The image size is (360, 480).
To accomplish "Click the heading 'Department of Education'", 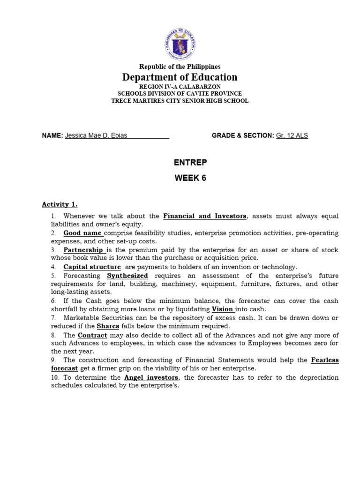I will [180, 77].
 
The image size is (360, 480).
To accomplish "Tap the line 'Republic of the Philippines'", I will [180, 67].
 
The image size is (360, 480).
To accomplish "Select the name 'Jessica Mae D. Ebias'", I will [96, 135].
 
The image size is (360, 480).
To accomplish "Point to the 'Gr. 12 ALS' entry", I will [292, 135].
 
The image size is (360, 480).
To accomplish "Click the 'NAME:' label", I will [52, 135].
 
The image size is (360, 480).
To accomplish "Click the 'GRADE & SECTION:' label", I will [243, 135].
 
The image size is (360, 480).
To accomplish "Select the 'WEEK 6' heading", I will [190, 178].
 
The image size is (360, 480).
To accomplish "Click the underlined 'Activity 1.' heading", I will [60, 204].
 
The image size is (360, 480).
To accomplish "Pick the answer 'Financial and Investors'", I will [204, 216].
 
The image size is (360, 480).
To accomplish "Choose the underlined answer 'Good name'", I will [83, 233].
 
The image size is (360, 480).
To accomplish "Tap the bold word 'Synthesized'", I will [127, 276].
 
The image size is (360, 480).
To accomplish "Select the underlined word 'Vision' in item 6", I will [223, 309].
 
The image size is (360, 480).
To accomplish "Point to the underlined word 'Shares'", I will [108, 326].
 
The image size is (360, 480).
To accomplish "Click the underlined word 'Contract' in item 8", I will [92, 335].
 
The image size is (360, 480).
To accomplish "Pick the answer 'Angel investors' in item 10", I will [151, 377].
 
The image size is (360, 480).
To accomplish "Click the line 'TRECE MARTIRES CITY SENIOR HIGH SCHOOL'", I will [180, 101].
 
